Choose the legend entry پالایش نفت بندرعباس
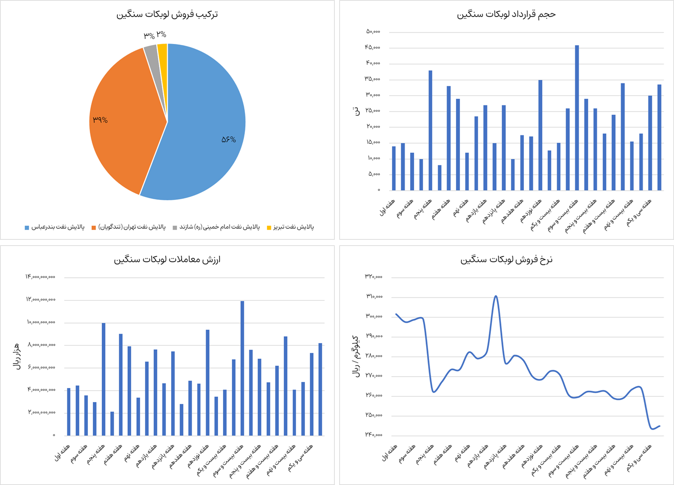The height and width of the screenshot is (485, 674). coord(57,227)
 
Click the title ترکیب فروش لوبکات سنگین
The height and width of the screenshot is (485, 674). coord(167,14)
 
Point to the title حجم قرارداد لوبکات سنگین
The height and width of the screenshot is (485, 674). coord(506,14)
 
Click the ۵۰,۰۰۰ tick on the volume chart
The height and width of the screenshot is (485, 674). coord(373,31)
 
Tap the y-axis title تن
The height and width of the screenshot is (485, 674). coord(356,111)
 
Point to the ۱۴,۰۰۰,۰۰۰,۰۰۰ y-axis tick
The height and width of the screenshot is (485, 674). coord(40,277)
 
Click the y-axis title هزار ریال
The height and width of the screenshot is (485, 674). coord(16,356)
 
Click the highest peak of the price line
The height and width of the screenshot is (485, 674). coord(495,296)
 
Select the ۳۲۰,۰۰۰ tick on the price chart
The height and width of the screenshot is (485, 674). coord(374,277)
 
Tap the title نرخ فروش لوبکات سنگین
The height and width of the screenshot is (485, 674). coord(506,259)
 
